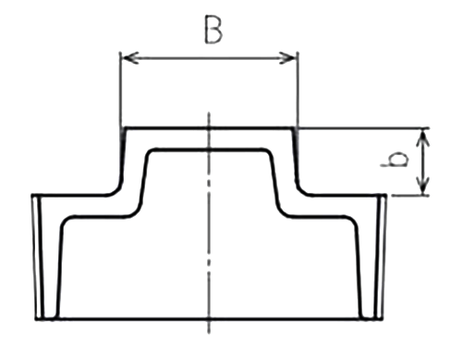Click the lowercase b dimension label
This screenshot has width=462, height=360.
tap(395, 159)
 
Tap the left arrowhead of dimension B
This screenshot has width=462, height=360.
tap(130, 57)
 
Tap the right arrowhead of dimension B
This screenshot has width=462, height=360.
tap(287, 57)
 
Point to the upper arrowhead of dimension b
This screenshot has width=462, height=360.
tap(424, 138)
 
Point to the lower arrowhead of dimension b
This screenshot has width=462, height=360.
tap(424, 186)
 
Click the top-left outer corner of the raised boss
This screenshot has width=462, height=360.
tap(125, 127)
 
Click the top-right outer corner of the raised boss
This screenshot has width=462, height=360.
tap(294, 127)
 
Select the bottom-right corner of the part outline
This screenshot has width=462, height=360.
tap(382, 318)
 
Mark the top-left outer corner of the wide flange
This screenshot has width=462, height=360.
tap(33, 195)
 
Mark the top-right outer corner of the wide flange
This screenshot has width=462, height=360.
tap(385, 195)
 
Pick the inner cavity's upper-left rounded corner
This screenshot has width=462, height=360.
tap(150, 152)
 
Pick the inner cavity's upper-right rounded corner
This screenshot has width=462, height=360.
tap(269, 152)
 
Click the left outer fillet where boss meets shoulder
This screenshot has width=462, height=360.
tap(117, 190)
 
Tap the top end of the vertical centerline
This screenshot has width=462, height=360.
tap(209, 113)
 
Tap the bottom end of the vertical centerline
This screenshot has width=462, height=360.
tap(209, 333)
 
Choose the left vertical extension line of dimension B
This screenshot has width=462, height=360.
tap(121, 90)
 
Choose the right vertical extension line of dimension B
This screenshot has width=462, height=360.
tap(297, 90)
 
